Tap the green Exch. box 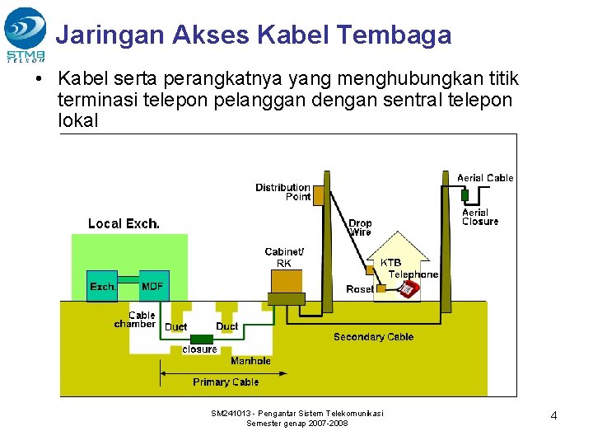coord(102,286)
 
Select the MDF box coord(153,286)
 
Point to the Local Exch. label coord(124,223)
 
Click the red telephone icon coord(408,288)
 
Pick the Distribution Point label coord(282,192)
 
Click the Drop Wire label coord(360,227)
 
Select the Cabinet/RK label coord(284,257)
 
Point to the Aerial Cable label coord(485,178)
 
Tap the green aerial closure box coord(465,195)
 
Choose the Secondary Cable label coord(373,337)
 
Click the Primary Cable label coord(226,382)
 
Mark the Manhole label coord(250,361)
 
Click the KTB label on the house coord(390,263)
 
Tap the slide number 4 coord(553,416)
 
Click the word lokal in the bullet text coord(78,120)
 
